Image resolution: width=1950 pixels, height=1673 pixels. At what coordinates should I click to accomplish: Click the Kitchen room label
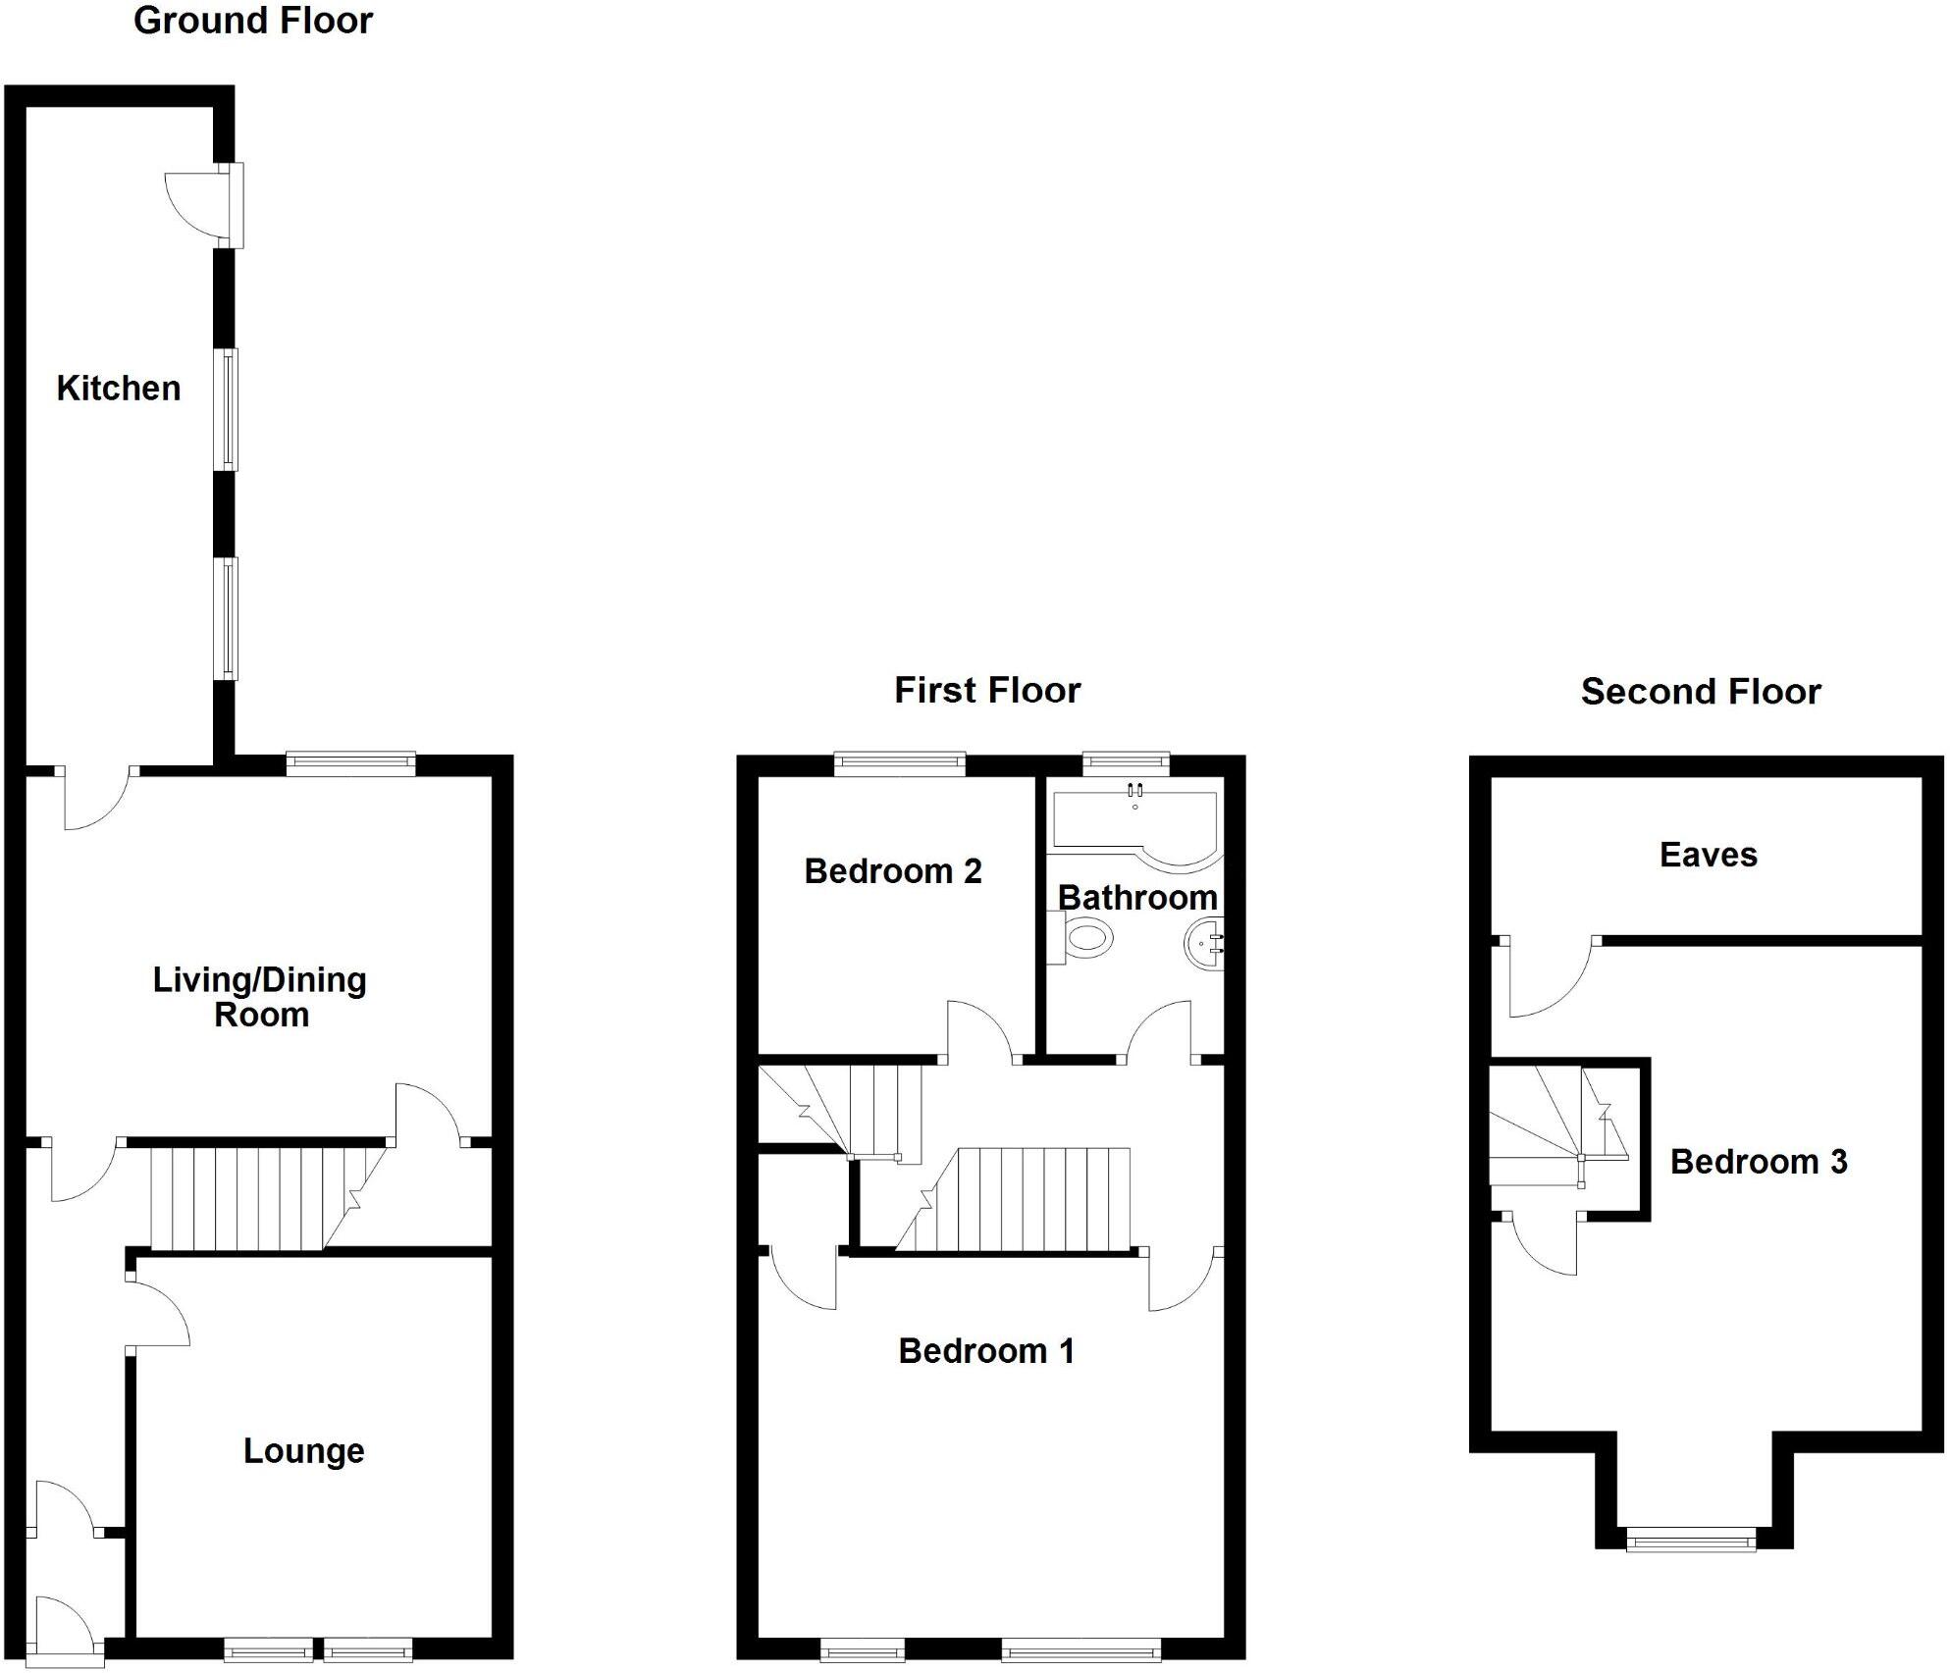click(x=119, y=389)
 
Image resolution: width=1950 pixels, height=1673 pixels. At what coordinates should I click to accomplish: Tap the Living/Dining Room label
click(x=260, y=996)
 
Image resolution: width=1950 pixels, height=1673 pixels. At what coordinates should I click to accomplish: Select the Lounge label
click(x=303, y=1450)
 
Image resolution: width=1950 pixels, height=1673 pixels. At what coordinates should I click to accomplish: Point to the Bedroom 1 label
click(x=986, y=1351)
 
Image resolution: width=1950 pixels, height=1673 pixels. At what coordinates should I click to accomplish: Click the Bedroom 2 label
click(x=893, y=871)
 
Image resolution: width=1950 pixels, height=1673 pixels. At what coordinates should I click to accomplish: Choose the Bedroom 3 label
click(x=1759, y=1162)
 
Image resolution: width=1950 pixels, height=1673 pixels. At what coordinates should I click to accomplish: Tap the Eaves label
click(x=1708, y=855)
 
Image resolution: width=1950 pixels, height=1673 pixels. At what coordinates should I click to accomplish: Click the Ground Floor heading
click(x=253, y=21)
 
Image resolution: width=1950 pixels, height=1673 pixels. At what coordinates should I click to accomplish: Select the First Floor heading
click(x=987, y=690)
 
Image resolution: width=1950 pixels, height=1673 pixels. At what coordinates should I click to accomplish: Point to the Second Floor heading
click(x=1701, y=692)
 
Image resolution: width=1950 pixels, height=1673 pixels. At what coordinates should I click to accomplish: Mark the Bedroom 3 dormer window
click(x=1691, y=1541)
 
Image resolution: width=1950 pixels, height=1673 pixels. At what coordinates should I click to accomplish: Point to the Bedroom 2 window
click(x=900, y=762)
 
